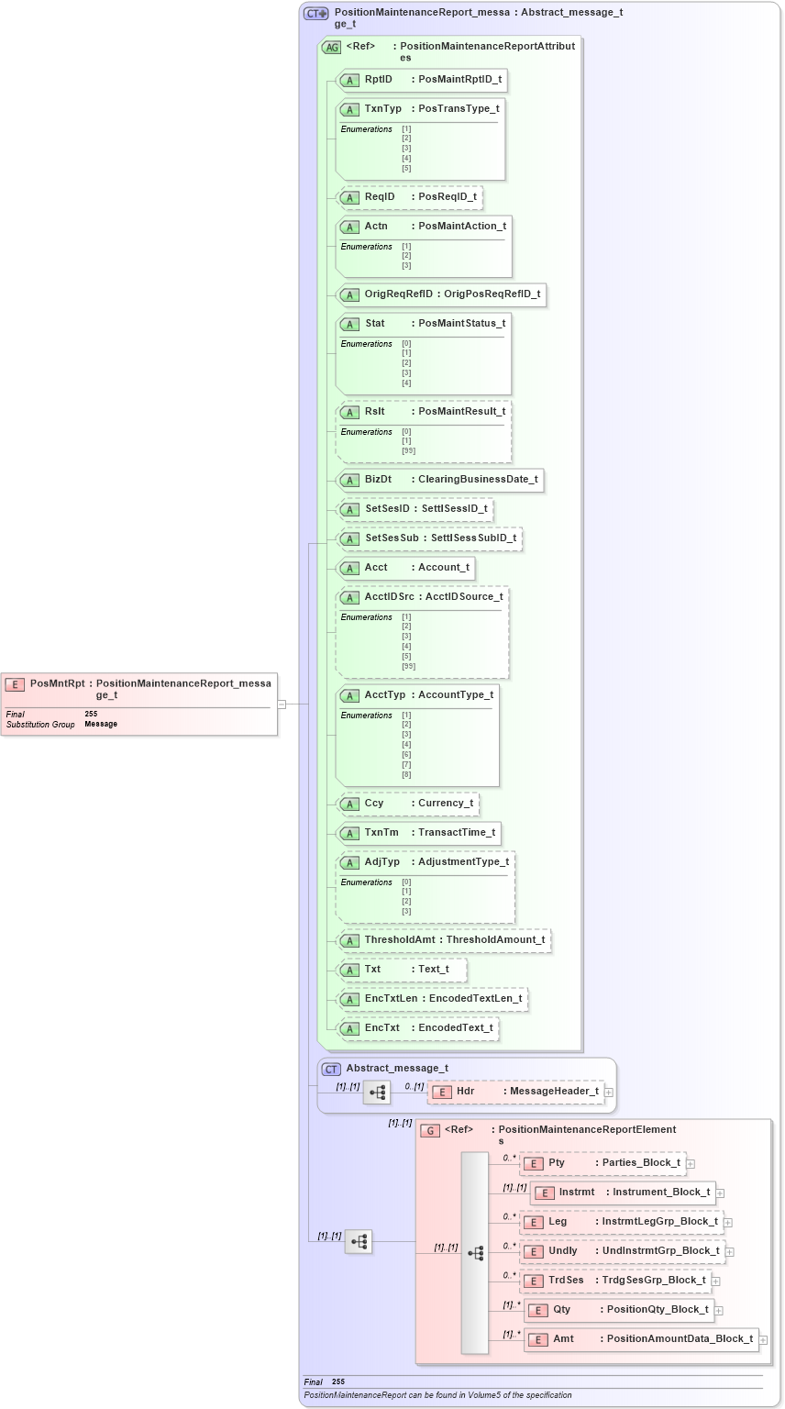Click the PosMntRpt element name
[x=57, y=683]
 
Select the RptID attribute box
[x=422, y=80]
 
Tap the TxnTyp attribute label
[x=383, y=109]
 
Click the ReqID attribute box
[x=410, y=197]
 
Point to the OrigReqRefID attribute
[x=441, y=294]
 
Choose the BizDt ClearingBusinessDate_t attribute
[x=440, y=480]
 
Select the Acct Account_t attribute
[x=406, y=568]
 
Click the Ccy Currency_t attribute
[x=409, y=804]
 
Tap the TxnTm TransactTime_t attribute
[x=419, y=833]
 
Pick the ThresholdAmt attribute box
[x=444, y=940]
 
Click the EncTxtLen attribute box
[x=432, y=999]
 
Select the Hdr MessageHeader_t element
[x=516, y=1092]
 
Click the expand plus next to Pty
[x=691, y=1164]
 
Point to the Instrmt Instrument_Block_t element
[x=623, y=1193]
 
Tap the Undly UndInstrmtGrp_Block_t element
[x=623, y=1251]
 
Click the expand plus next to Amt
[x=763, y=1340]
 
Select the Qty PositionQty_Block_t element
[x=619, y=1310]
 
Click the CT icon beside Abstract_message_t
[x=331, y=1069]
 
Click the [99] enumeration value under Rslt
[x=408, y=450]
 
